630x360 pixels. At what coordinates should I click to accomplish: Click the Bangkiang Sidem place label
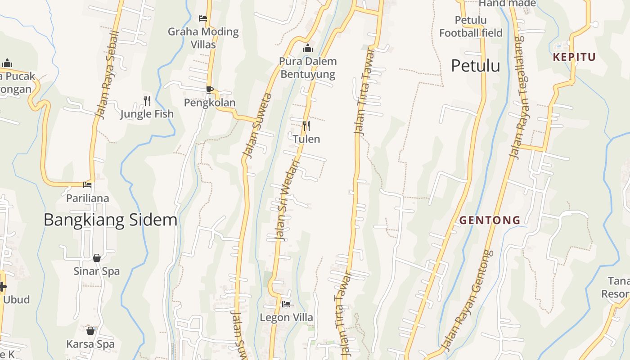[110, 220]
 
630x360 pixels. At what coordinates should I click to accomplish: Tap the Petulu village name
[475, 66]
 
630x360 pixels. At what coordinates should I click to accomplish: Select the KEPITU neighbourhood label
[574, 57]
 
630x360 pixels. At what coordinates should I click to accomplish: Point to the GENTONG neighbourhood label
[490, 220]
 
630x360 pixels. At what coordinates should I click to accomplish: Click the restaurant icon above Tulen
[306, 126]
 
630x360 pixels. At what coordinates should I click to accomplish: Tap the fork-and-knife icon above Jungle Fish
[147, 100]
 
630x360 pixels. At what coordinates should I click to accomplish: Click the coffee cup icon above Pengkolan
[209, 89]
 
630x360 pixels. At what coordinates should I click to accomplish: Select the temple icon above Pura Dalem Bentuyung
[308, 48]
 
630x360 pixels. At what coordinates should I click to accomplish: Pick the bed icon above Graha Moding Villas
[203, 18]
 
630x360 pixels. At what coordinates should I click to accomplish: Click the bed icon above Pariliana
[87, 184]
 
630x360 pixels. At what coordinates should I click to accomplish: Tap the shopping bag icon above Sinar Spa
[96, 258]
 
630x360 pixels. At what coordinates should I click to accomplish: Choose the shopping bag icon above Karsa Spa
[90, 331]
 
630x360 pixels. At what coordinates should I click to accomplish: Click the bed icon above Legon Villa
[286, 304]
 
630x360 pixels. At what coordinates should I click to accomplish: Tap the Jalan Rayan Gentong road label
[468, 301]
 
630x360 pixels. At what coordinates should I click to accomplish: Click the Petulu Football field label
[471, 27]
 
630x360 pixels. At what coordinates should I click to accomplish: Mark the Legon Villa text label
[286, 318]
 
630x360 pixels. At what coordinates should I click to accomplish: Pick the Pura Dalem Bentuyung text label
[308, 67]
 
